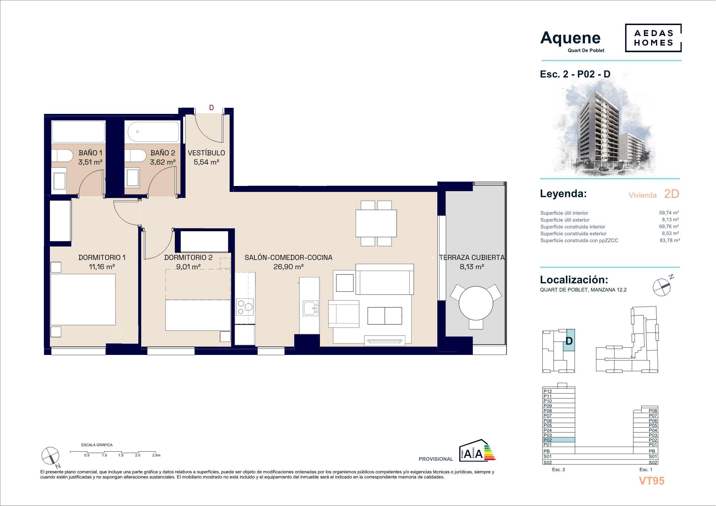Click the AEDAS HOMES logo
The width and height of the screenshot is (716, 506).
(x=653, y=38)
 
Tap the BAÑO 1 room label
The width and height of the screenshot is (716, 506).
(x=90, y=153)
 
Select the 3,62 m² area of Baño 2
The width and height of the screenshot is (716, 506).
(x=163, y=162)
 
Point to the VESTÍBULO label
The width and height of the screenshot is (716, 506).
(x=207, y=153)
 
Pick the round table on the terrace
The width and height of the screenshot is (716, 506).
(x=476, y=302)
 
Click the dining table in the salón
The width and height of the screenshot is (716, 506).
(x=376, y=223)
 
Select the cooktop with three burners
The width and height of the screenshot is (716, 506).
(x=245, y=307)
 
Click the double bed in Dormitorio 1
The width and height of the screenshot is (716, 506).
(x=83, y=300)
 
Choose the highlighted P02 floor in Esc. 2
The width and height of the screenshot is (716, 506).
(x=558, y=440)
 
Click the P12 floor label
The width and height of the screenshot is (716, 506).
(x=548, y=391)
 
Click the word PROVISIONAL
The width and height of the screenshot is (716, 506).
(x=436, y=459)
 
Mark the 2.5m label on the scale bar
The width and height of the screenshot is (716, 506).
(x=156, y=455)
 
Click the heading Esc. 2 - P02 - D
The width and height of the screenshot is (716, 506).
(x=575, y=74)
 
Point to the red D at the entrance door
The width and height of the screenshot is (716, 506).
(x=211, y=108)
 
